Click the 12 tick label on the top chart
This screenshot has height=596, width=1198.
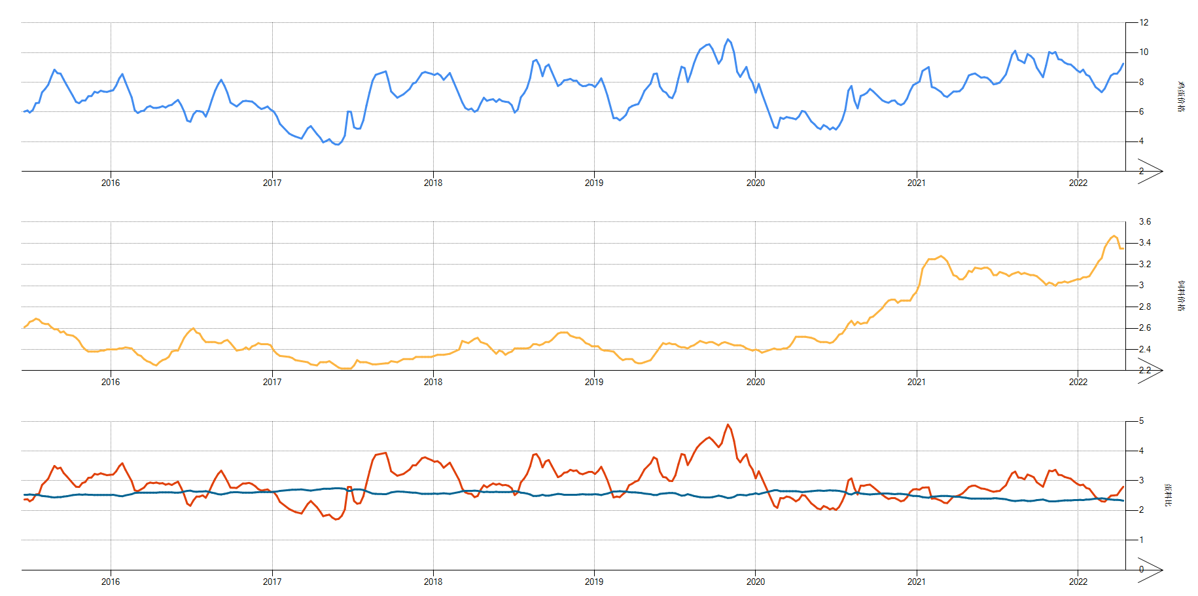point(1144,22)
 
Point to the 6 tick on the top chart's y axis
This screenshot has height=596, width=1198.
point(1141,112)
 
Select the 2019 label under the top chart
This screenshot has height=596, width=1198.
point(593,183)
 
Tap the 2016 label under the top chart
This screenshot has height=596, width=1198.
point(111,183)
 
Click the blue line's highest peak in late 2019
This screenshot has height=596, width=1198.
point(728,39)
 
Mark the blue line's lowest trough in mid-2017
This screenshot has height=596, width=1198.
point(336,144)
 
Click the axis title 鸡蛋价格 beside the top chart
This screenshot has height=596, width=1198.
point(1181,97)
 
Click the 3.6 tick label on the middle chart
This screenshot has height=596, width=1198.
point(1144,222)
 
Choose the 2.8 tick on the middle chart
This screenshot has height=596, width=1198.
point(1144,307)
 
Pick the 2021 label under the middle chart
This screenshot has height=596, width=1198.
point(916,382)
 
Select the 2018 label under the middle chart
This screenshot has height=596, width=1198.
point(432,382)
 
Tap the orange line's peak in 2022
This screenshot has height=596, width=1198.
point(1114,236)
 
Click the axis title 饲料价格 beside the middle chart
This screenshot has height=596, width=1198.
point(1181,296)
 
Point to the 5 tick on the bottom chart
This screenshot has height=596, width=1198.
point(1141,421)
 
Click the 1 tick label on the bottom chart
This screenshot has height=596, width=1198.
point(1141,540)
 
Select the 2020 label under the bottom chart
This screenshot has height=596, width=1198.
point(755,582)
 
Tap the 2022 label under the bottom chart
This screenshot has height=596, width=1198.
point(1078,582)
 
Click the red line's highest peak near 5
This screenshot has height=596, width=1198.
point(728,424)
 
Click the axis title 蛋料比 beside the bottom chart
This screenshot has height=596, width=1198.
point(1168,495)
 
